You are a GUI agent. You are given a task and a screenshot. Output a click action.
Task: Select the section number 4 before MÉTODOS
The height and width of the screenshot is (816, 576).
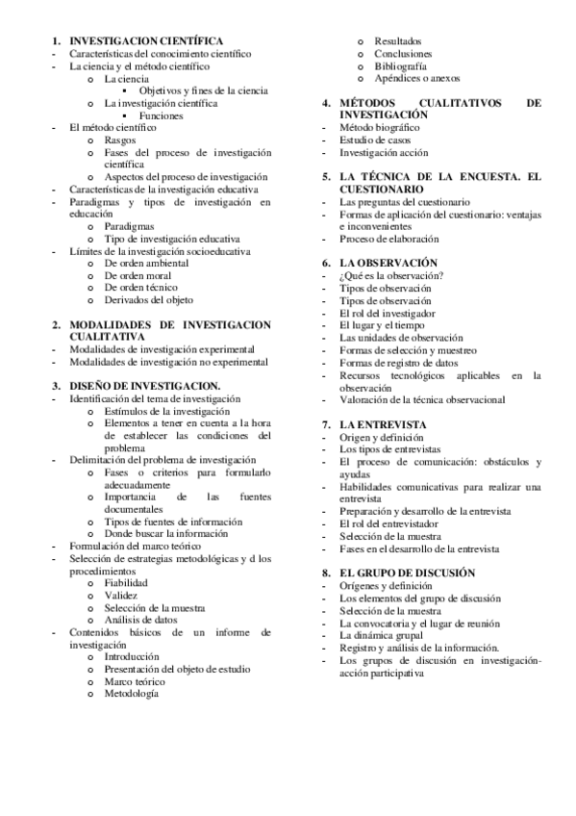(327, 102)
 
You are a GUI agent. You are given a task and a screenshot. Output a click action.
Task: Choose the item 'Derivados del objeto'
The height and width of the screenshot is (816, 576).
(148, 300)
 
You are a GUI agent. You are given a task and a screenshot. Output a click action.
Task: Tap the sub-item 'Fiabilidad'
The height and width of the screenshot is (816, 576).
(128, 582)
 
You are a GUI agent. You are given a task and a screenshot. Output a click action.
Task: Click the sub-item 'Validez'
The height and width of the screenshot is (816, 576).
(121, 595)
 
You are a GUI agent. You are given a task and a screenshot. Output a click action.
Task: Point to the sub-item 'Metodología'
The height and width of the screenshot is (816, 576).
(132, 694)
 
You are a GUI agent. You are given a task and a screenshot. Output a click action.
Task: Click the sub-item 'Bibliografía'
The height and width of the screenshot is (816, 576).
(401, 66)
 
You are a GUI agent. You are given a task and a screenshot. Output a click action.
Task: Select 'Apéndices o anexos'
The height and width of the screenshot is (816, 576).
(418, 78)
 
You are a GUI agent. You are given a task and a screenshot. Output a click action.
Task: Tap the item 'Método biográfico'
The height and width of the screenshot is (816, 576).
(380, 127)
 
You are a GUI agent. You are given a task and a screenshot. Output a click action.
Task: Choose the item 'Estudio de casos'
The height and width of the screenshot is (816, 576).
(376, 140)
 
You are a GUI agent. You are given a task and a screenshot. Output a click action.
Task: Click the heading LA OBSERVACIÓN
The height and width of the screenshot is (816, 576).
(388, 263)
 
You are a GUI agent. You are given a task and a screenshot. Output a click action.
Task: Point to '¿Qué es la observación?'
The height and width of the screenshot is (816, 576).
(391, 276)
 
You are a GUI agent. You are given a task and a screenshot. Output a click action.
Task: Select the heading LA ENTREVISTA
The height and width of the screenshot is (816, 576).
(384, 423)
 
